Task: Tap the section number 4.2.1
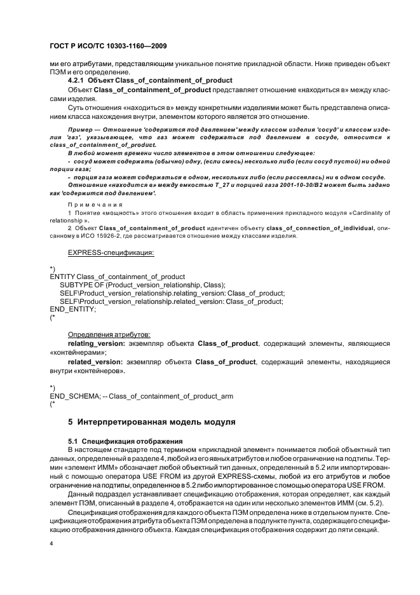(79, 80)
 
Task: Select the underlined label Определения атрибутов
(109, 334)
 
